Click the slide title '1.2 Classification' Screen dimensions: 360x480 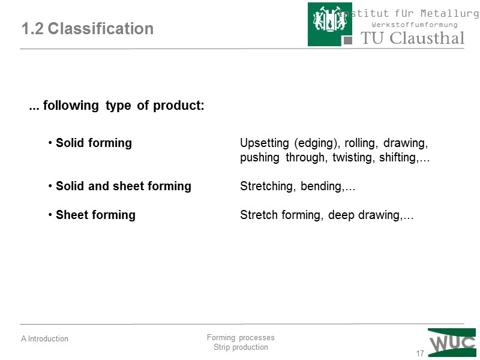[87, 29]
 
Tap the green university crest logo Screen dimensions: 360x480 [330, 24]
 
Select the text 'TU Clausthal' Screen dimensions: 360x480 [412, 38]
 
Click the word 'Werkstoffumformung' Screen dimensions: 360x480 [415, 25]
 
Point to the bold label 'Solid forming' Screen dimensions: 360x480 [94, 143]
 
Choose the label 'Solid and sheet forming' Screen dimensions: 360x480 [123, 187]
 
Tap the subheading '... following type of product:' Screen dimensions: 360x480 [117, 106]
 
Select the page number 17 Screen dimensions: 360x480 [420, 353]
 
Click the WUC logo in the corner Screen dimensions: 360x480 [452, 342]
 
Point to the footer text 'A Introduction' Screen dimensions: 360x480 [44, 339]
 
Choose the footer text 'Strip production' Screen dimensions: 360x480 [241, 347]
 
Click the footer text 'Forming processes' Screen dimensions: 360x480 [240, 338]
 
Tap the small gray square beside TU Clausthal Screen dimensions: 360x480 [347, 40]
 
